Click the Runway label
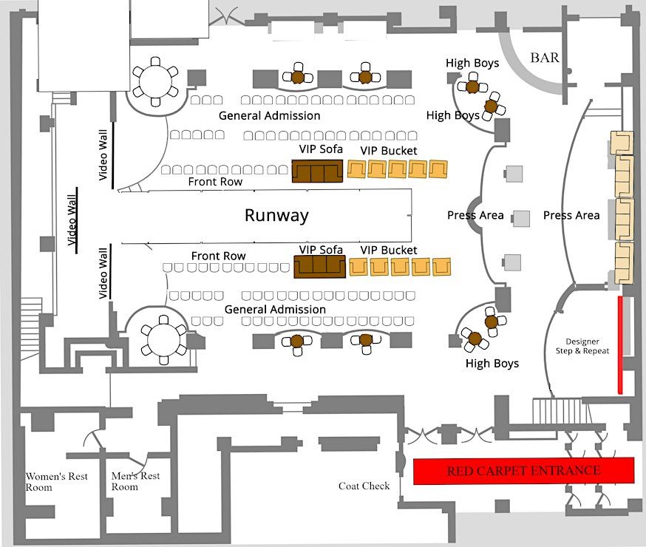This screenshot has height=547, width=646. [276, 215]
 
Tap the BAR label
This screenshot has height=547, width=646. [545, 58]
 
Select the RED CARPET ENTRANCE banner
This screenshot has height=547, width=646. [523, 471]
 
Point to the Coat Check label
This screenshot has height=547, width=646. [364, 486]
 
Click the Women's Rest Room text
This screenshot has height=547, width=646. [56, 481]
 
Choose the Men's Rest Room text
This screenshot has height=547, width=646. [135, 481]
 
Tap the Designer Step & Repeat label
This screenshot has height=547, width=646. [582, 346]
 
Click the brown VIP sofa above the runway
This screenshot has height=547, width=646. [317, 171]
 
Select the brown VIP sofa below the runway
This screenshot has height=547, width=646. [320, 267]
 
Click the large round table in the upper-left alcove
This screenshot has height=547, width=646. [155, 81]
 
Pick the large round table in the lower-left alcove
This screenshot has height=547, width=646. [163, 340]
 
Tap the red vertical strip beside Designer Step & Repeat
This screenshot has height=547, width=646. [620, 344]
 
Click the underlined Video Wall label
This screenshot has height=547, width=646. [72, 220]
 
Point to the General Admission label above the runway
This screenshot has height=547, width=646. [270, 116]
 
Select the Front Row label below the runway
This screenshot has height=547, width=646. [218, 256]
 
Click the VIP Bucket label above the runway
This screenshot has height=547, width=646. [389, 151]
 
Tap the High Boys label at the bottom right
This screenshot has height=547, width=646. [492, 364]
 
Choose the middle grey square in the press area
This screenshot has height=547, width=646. [521, 218]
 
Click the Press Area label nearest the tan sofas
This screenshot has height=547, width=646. [571, 215]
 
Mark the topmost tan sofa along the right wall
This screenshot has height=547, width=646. [622, 143]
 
